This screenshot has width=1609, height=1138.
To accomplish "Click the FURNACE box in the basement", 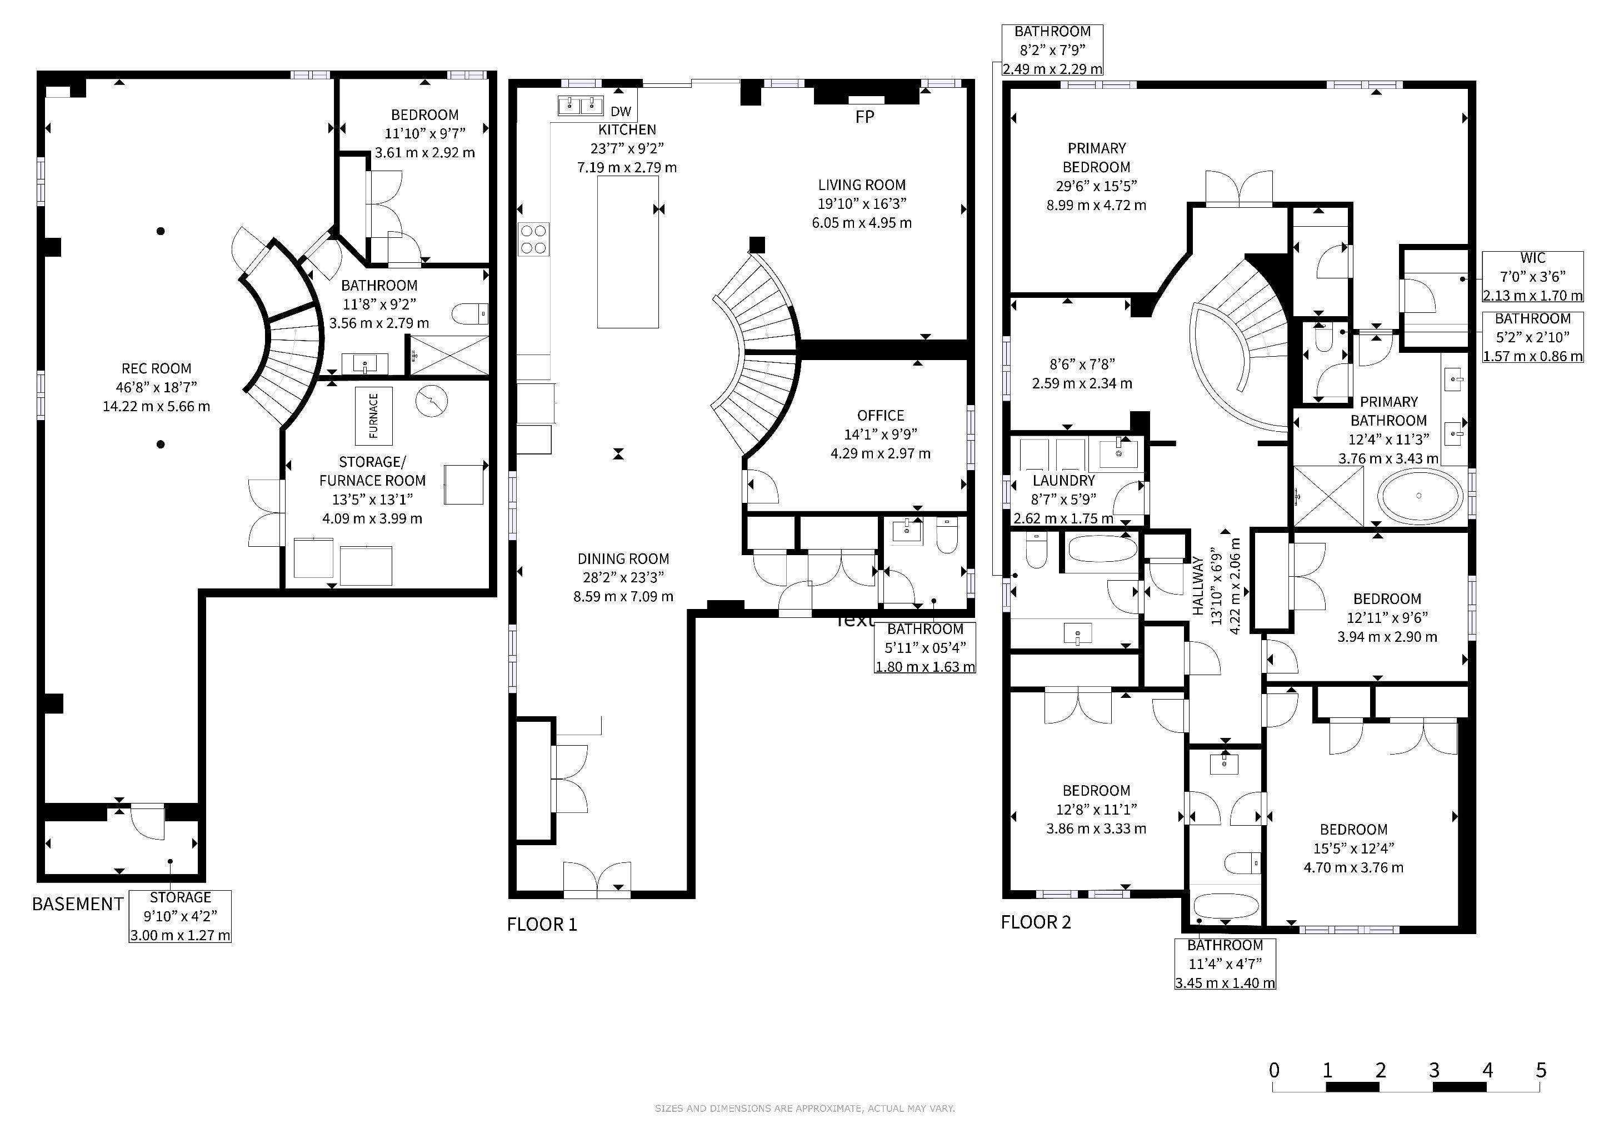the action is (x=373, y=416).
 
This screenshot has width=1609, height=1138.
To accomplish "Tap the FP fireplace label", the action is (x=865, y=117).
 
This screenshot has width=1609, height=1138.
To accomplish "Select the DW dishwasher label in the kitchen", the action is (x=621, y=112).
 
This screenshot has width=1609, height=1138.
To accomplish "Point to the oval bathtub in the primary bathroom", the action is (x=1420, y=496).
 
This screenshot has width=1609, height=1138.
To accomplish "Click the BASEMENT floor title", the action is (x=78, y=904).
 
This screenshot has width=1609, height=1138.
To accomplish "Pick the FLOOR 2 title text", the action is (x=1036, y=922).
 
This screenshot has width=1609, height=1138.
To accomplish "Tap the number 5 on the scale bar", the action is (x=1541, y=1070).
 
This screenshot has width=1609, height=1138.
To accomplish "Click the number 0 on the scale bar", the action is (x=1274, y=1070).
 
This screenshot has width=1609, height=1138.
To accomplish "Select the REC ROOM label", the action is (x=156, y=368).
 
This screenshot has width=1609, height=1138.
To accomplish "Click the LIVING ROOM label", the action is (x=862, y=185).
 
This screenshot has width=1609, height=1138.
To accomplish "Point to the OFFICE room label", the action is (x=881, y=416).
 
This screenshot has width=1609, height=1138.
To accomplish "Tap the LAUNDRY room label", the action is (x=1064, y=481).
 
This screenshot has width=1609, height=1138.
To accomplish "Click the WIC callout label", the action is (x=1533, y=258).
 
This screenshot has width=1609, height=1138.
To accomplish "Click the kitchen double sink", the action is (x=581, y=106).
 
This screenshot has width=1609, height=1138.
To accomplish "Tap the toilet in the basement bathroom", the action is (x=470, y=314).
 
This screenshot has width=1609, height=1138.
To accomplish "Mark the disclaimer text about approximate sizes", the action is (x=805, y=1109).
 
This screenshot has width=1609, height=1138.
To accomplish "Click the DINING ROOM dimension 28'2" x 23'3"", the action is (x=623, y=577).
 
